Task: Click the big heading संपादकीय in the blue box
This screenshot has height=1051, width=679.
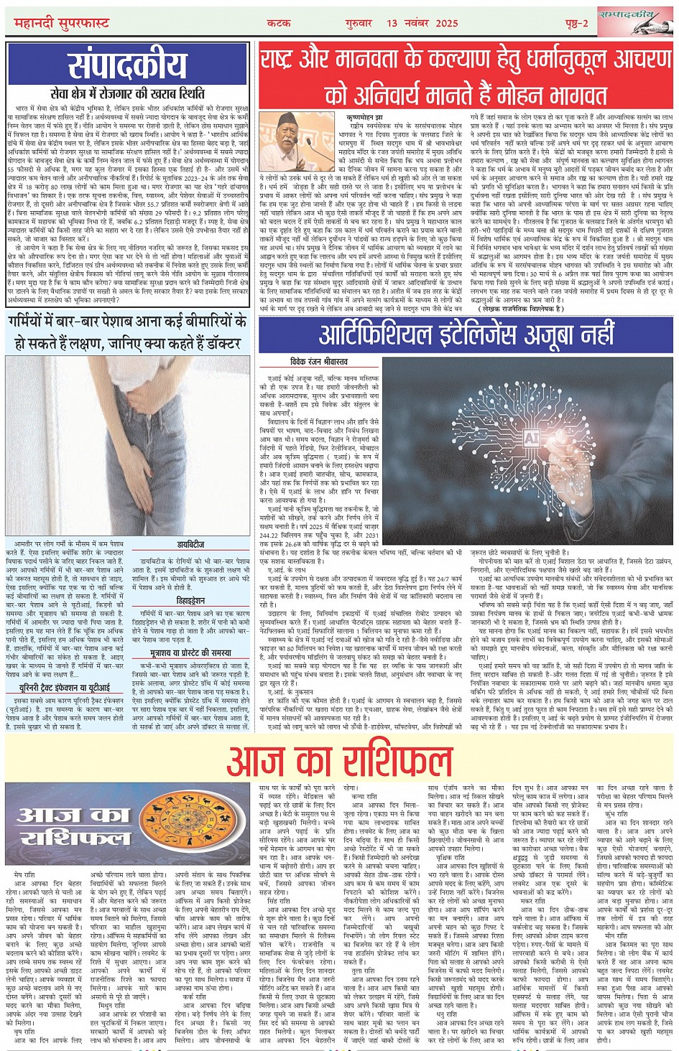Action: tap(127, 67)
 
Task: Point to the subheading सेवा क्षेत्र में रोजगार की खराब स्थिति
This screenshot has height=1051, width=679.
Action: tap(127, 94)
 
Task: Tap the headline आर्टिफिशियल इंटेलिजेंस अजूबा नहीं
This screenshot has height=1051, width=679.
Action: tap(467, 335)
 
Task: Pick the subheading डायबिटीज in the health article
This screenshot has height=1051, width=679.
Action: tap(191, 545)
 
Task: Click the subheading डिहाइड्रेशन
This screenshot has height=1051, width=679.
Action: tap(191, 600)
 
